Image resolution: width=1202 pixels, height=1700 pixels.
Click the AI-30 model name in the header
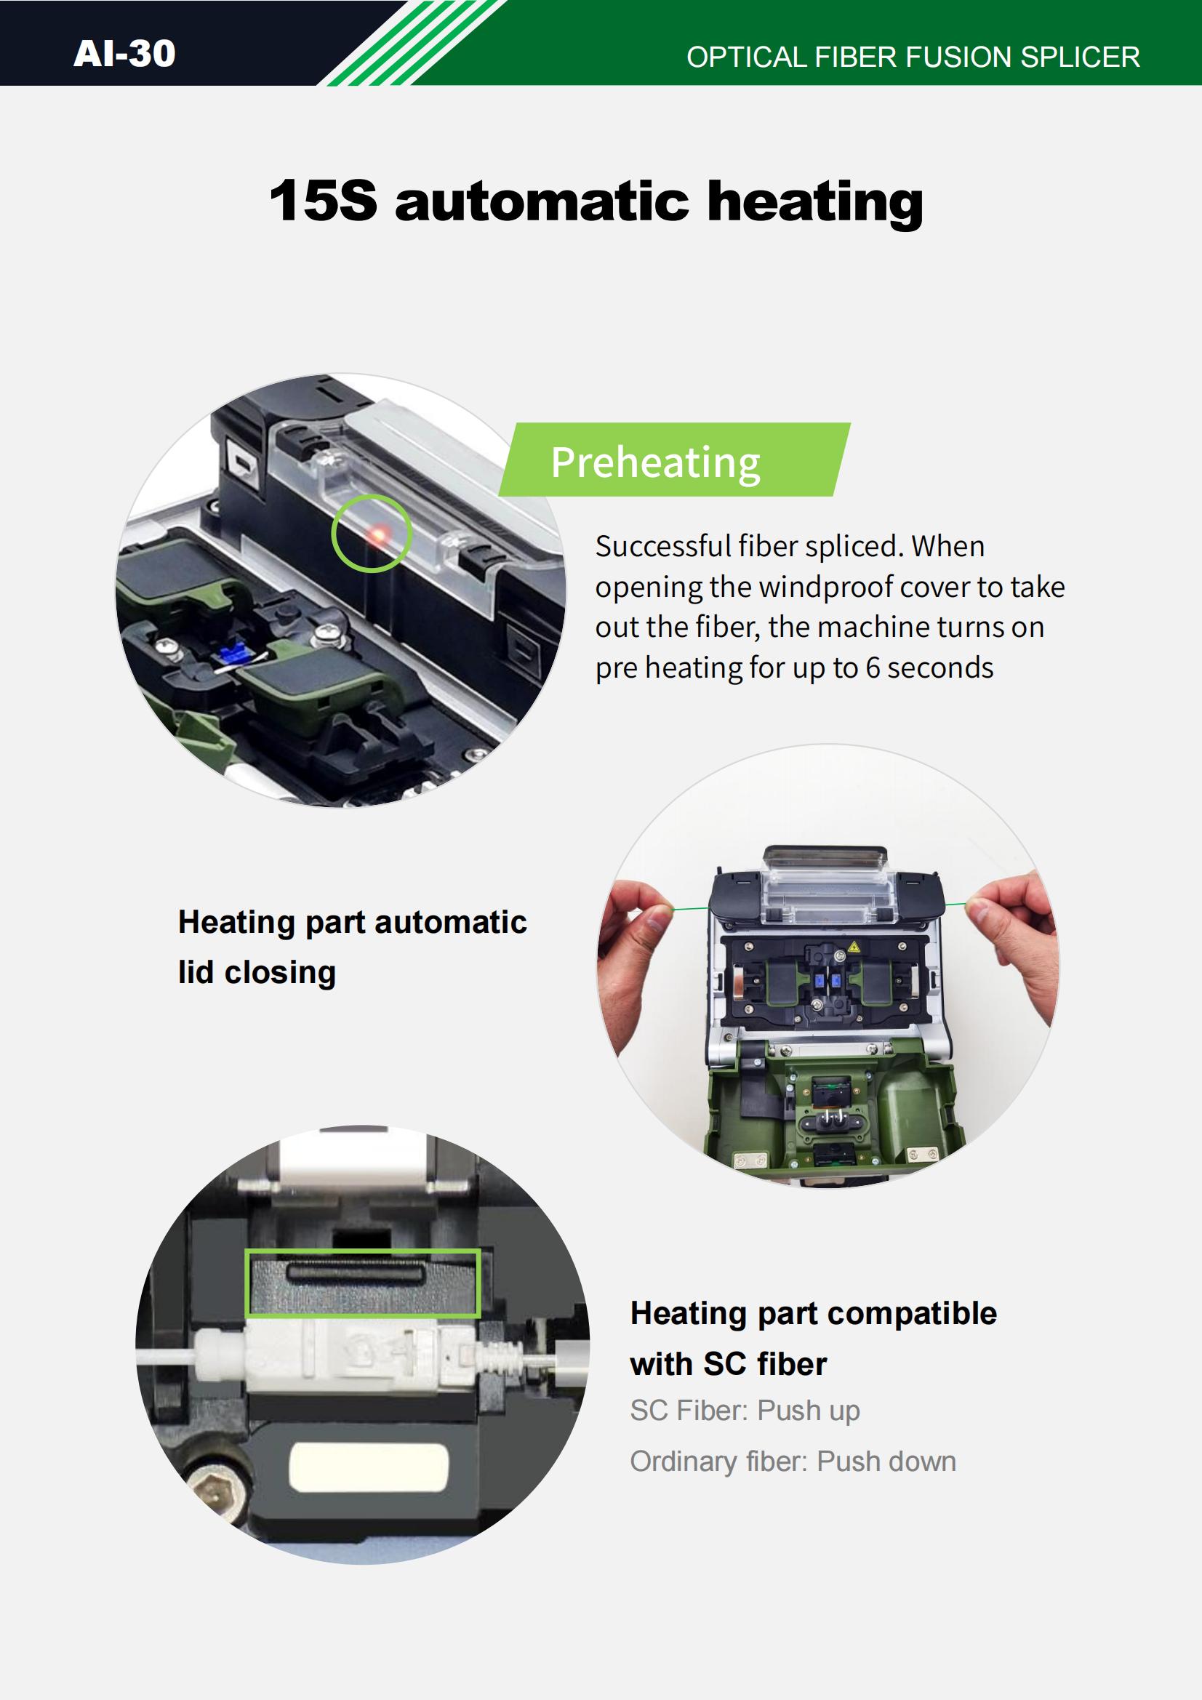pos(124,53)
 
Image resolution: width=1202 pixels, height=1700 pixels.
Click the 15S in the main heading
pos(323,201)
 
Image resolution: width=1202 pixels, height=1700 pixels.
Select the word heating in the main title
pos(815,204)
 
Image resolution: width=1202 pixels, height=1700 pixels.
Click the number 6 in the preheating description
pos(873,667)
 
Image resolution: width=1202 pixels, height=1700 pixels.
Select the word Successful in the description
pos(663,547)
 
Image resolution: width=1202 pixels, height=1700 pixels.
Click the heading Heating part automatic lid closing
pos(353,947)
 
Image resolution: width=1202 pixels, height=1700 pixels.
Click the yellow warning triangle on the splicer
pos(854,947)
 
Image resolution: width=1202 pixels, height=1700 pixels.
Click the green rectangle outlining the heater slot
pos(363,1284)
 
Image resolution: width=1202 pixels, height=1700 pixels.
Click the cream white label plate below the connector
pos(369,1467)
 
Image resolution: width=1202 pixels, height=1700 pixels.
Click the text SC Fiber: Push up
pos(745,1411)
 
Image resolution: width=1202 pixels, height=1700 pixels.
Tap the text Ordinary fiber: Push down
pos(793,1462)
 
